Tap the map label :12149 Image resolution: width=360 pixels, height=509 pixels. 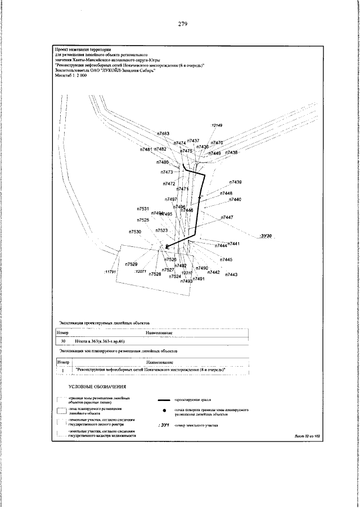(217, 125)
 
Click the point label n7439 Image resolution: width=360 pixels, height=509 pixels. (236, 182)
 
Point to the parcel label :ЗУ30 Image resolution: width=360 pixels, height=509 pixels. (266, 236)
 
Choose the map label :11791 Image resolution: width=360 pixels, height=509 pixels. (110, 272)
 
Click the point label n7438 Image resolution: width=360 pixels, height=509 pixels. (232, 152)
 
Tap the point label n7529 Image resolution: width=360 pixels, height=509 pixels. (131, 264)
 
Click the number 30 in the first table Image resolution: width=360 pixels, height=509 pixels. (64, 341)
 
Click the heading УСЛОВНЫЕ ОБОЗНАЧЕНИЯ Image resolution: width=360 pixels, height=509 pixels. (97, 388)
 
